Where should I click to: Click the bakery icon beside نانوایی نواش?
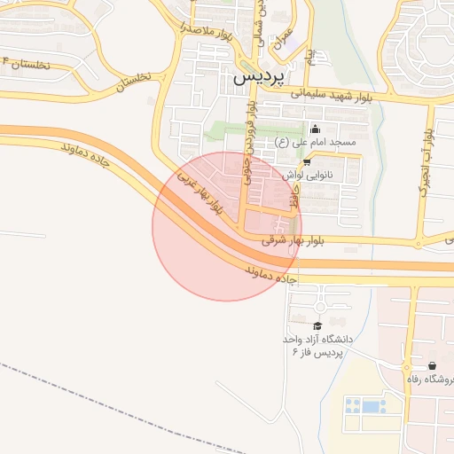[x=307, y=162]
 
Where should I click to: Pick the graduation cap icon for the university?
[x=317, y=326]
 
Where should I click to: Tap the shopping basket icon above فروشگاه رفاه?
[x=432, y=365]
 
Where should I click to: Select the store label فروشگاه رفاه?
[x=430, y=380]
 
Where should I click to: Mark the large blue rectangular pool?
[x=364, y=406]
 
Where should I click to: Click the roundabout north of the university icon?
[x=319, y=307]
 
